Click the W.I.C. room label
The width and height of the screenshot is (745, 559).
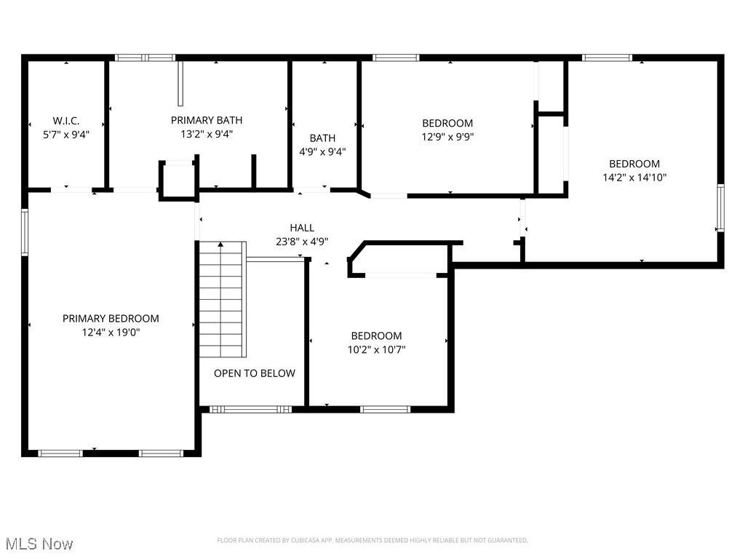(66, 120)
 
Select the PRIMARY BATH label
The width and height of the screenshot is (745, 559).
(207, 120)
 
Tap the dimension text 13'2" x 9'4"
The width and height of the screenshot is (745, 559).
(207, 134)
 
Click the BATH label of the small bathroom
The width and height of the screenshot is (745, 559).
(322, 138)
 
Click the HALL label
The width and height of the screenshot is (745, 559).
(302, 228)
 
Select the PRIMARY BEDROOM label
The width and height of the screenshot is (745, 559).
(111, 318)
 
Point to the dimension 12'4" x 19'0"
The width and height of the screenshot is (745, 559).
(111, 332)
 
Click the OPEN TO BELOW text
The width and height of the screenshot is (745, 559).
(255, 373)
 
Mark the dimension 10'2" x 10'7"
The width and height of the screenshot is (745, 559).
(376, 349)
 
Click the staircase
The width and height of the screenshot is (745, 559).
(223, 299)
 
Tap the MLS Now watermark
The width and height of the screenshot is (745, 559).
(39, 544)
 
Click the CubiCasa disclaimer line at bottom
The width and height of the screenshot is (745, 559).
(372, 540)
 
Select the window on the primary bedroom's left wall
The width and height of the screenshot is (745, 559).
(24, 232)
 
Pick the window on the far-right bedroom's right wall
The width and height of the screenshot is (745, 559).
(720, 208)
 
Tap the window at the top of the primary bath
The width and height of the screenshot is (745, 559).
(146, 58)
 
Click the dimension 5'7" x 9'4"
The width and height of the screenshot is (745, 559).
(66, 134)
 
